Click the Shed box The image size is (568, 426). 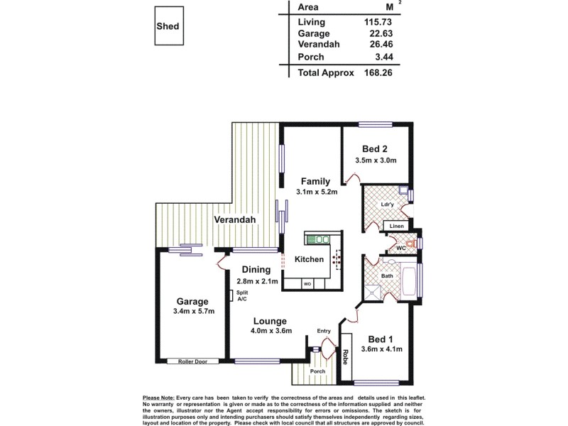pyautogui.click(x=168, y=26)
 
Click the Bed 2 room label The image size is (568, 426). pyautogui.click(x=374, y=148)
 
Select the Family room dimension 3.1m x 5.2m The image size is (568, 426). pyautogui.click(x=316, y=192)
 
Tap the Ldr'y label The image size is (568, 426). pyautogui.click(x=387, y=206)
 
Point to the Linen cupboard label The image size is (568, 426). pyautogui.click(x=397, y=226)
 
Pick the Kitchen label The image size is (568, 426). pyautogui.click(x=309, y=260)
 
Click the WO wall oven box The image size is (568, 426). pyautogui.click(x=307, y=285)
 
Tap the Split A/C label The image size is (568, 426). pyautogui.click(x=243, y=296)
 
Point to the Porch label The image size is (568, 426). pyautogui.click(x=317, y=371)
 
